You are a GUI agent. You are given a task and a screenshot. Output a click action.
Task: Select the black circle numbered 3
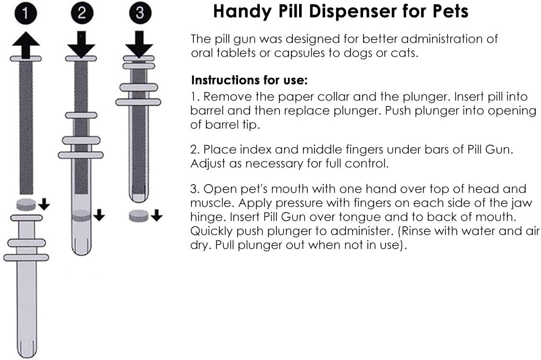(139, 13)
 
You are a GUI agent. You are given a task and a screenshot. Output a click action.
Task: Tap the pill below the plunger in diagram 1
(26, 204)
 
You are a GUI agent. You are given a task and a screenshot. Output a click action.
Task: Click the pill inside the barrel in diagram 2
(81, 216)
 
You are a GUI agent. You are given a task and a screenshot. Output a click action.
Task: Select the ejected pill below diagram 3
(138, 216)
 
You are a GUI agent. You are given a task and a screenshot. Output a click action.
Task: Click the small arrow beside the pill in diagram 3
(156, 216)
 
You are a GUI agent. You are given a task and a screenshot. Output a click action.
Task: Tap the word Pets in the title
(447, 12)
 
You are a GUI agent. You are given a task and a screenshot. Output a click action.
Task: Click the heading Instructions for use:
(249, 79)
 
